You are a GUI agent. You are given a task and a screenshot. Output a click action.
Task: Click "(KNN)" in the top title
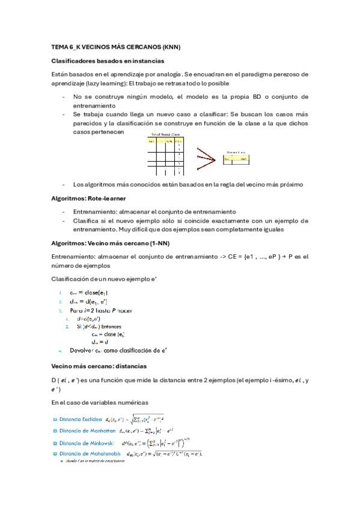pos(171,47)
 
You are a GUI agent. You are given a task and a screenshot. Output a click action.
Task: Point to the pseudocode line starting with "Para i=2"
pos(101,310)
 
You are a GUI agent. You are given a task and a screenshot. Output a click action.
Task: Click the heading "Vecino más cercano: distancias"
pos(99,366)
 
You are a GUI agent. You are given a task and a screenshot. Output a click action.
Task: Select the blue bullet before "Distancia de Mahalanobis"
pos(54,453)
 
